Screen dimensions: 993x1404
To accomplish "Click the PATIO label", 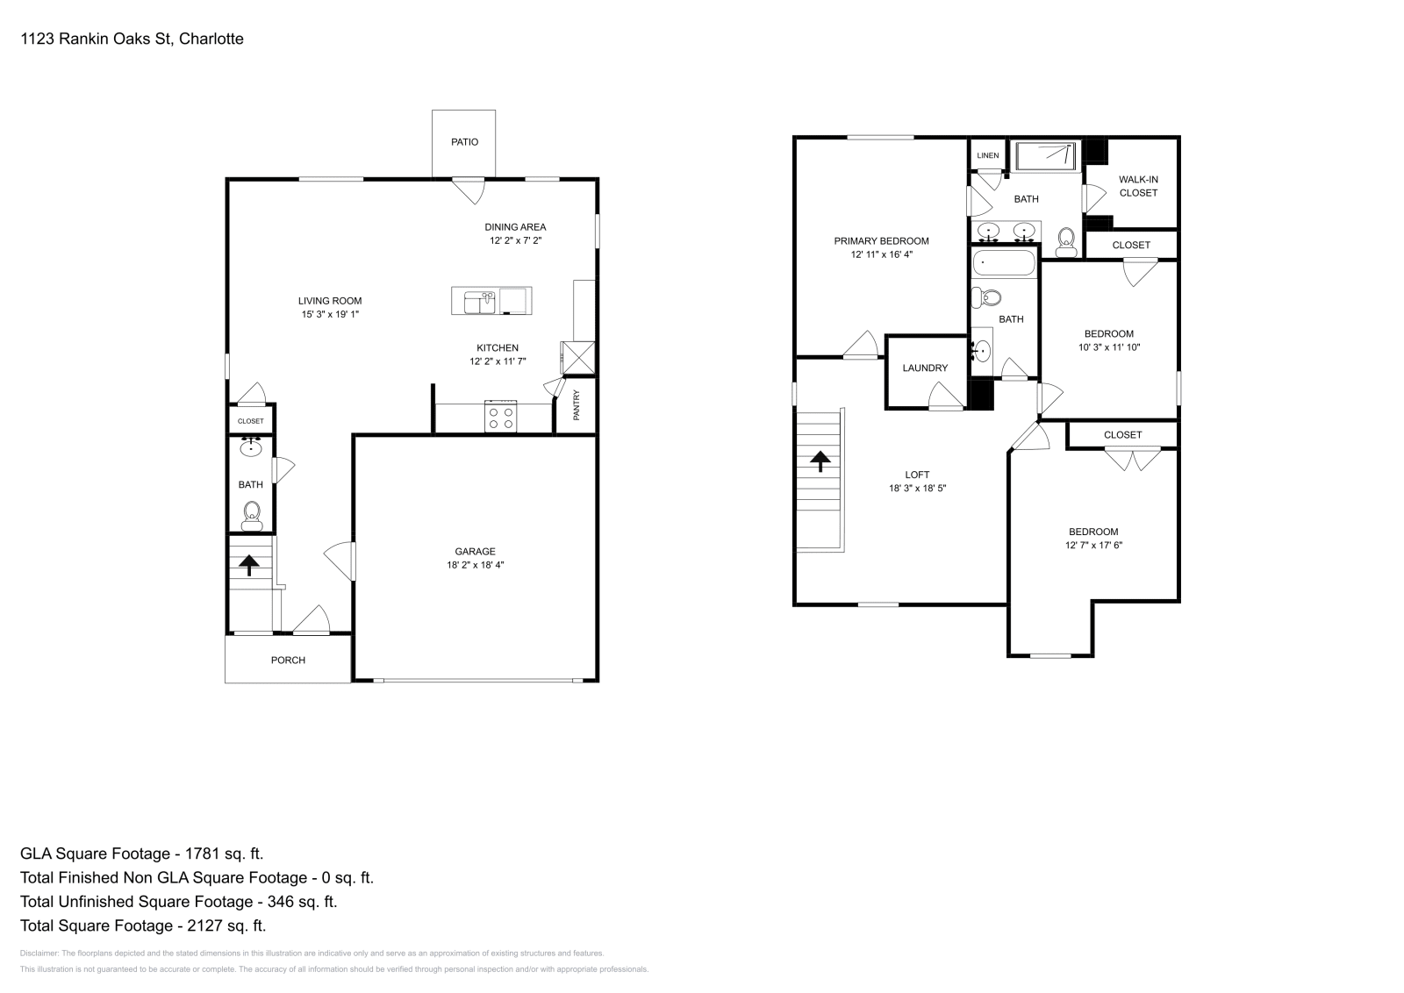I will click(464, 142).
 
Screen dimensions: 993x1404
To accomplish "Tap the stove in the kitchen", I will click(501, 417).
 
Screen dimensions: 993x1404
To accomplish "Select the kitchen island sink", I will click(477, 301).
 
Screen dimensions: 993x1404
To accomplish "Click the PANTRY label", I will click(577, 405).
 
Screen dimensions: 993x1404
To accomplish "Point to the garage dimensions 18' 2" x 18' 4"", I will click(475, 566).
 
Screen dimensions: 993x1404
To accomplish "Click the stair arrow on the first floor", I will click(249, 564).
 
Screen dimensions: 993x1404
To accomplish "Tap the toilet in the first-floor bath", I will click(252, 516).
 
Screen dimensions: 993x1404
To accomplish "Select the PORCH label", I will click(288, 661).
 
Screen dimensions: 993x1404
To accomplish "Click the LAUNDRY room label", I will click(925, 368).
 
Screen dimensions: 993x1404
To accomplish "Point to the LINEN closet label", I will click(987, 156).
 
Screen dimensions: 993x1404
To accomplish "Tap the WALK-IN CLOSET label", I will click(1138, 186).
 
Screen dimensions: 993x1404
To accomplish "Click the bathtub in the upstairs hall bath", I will click(1005, 263).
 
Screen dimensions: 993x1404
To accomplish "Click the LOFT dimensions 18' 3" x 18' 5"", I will click(917, 489).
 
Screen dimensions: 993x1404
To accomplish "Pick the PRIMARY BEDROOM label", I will click(881, 241).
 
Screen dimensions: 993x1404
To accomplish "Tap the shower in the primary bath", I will click(1045, 157).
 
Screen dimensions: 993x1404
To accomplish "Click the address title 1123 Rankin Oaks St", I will click(132, 39).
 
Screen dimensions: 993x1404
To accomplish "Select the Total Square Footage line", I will click(143, 925).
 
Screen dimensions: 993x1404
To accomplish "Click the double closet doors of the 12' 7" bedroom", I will click(1131, 460).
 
